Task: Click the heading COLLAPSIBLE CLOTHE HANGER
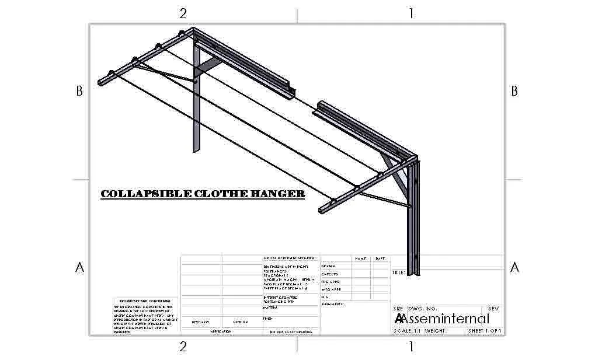point(203,194)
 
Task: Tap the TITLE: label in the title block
point(398,272)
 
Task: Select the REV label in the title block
point(493,308)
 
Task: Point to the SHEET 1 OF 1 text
point(485,331)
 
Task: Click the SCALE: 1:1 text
point(407,331)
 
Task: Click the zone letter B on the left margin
point(80,91)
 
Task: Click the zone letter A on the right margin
point(514,267)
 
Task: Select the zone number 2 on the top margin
point(183,13)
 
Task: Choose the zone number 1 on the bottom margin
point(411,347)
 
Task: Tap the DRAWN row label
point(328,266)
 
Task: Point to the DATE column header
point(380,258)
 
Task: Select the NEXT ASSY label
point(200,322)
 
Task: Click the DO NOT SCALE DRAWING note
point(290,331)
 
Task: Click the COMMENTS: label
point(333,304)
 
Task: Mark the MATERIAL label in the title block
point(271,307)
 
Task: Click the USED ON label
point(241,322)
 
